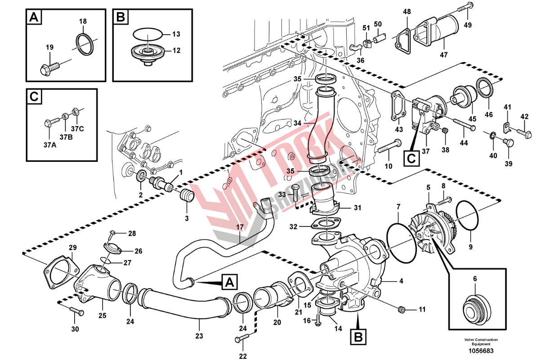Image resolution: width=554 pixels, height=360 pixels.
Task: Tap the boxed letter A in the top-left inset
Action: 33,18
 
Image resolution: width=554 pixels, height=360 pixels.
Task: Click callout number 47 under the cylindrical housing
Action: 443,55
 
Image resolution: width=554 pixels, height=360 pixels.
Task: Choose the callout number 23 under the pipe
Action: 199,335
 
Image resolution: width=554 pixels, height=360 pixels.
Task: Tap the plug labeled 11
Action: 402,310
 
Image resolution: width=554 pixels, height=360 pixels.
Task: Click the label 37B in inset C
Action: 66,137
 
